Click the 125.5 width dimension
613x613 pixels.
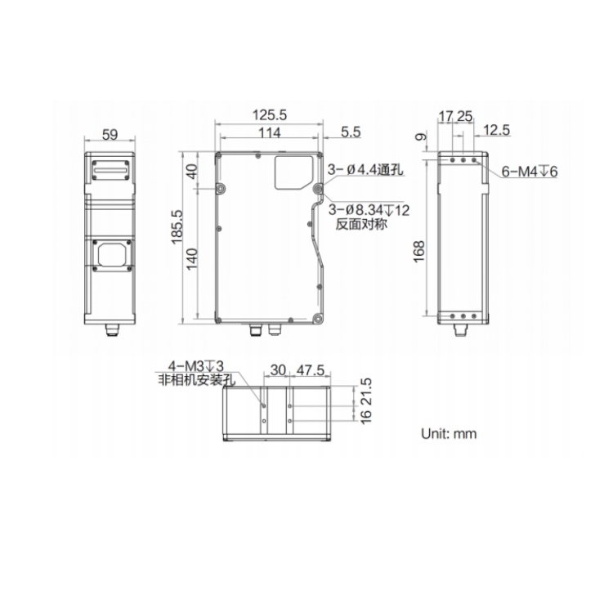[x=270, y=115]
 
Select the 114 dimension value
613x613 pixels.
[x=270, y=133]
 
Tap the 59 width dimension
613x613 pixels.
[x=110, y=135]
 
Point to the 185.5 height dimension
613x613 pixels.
[x=177, y=227]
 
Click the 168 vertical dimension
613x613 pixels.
[x=418, y=252]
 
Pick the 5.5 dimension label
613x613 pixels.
[x=351, y=132]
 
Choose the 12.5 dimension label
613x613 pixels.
[x=496, y=130]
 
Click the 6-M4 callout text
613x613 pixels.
[x=530, y=172]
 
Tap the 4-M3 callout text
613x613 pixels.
[x=196, y=366]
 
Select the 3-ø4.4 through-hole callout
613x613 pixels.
[x=365, y=170]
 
